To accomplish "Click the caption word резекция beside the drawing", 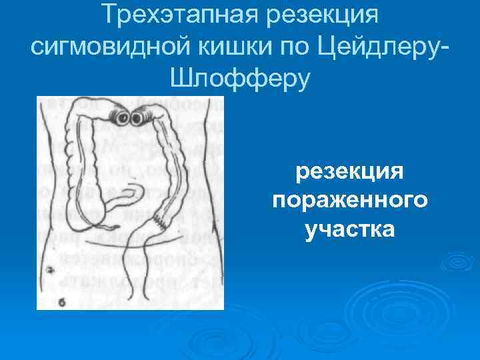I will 350,173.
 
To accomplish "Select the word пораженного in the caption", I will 350,201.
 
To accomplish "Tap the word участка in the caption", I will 350,229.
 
